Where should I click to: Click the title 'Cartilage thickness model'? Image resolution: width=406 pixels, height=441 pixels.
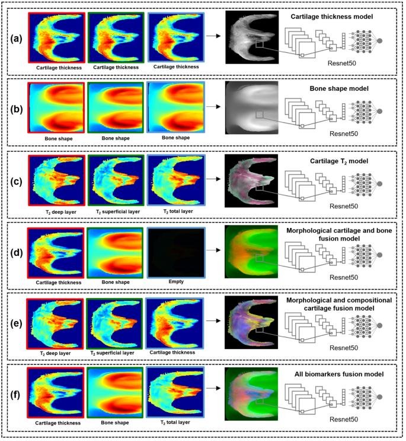coord(331,17)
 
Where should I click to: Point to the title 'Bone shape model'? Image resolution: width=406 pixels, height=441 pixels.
coord(331,88)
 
